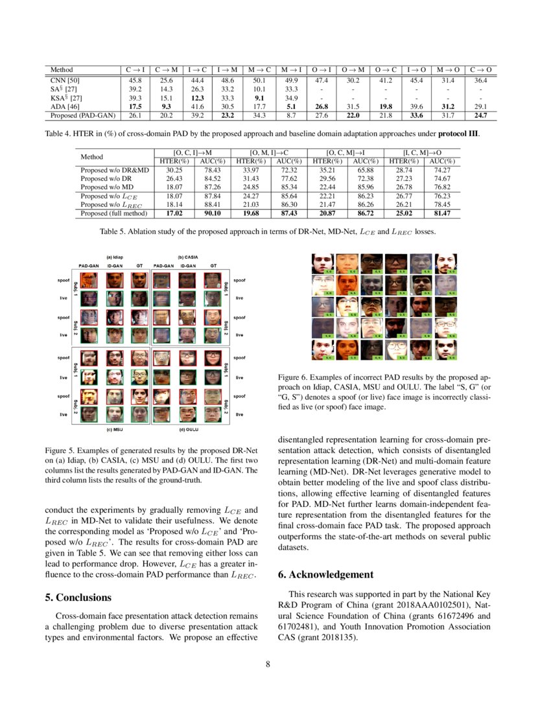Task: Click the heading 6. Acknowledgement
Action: [325, 574]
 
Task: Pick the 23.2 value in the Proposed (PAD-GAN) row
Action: [226, 115]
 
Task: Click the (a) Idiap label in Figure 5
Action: [115, 256]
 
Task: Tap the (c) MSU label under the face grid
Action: [115, 428]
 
